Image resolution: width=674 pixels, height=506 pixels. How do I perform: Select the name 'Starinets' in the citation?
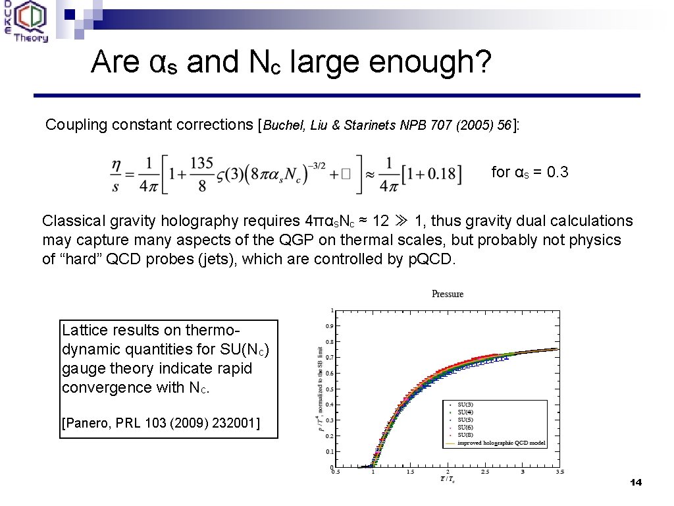(x=369, y=125)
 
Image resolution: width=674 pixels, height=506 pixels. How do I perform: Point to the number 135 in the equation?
(x=202, y=162)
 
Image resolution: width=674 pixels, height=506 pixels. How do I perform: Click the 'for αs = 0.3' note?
(x=530, y=173)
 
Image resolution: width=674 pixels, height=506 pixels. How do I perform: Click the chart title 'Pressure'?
(x=448, y=294)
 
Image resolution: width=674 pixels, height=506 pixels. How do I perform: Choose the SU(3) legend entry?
(x=465, y=405)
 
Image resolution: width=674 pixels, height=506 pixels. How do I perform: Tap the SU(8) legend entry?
(x=465, y=436)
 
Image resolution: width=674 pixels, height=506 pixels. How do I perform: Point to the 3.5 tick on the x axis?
(x=559, y=472)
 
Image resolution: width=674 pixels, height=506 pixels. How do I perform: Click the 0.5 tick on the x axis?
(x=336, y=472)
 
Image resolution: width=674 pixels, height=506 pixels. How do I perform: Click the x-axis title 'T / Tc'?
(x=447, y=479)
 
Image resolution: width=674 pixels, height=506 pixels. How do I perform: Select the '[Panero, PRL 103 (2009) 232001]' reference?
(x=161, y=422)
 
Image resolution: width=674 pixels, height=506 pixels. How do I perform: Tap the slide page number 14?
(x=635, y=483)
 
